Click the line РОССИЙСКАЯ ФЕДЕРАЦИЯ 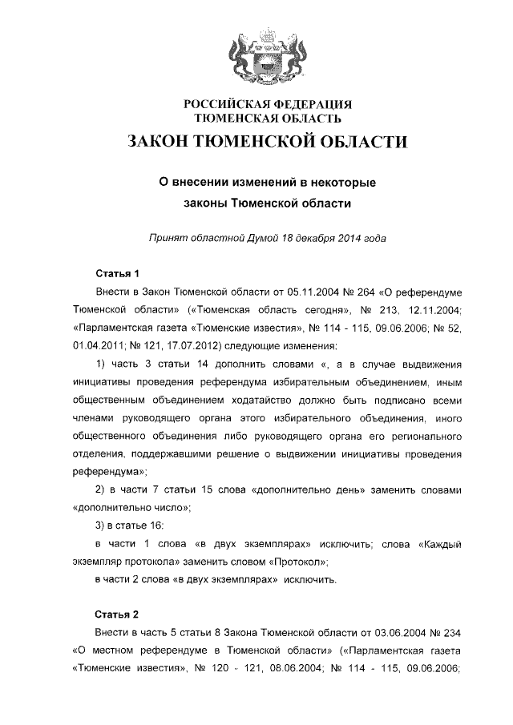tap(268, 105)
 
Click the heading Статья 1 tap(117, 272)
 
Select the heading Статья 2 tap(117, 614)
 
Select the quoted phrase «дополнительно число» tap(131, 507)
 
